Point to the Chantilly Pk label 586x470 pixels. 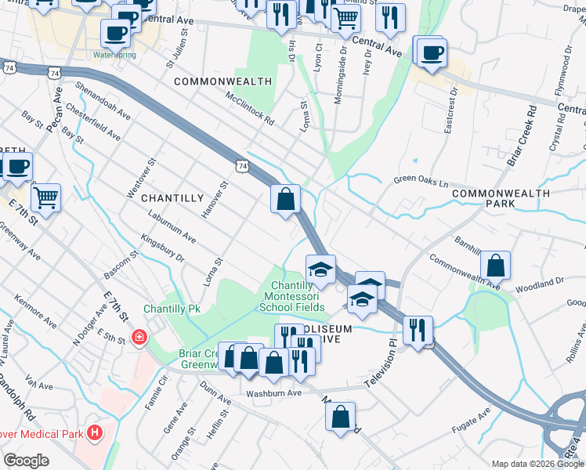[x=172, y=309]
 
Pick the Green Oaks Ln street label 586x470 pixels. [x=421, y=180]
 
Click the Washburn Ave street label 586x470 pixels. [x=273, y=393]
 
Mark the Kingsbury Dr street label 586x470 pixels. [x=162, y=246]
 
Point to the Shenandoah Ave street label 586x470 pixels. [x=103, y=99]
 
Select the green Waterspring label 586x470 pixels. [x=114, y=55]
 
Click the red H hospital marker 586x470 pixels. [x=95, y=432]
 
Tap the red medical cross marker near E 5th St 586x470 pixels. [x=139, y=338]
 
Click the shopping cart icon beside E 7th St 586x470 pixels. [x=45, y=197]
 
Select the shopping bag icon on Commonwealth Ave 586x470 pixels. [x=495, y=266]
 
